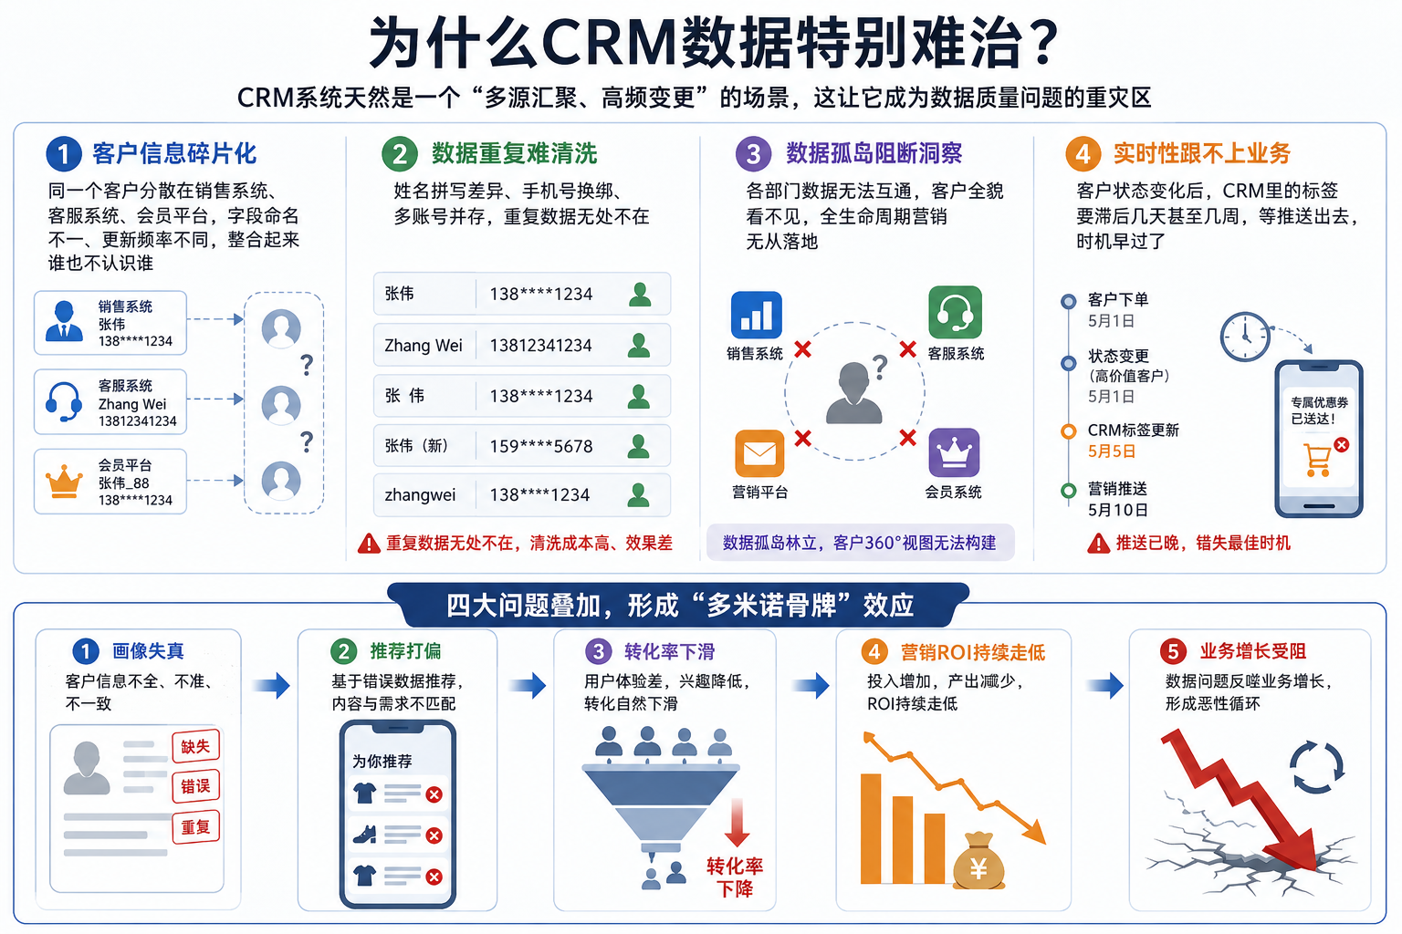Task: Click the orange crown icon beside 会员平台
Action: [64, 482]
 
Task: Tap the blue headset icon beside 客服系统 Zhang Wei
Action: [64, 401]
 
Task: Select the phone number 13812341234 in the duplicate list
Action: [540, 346]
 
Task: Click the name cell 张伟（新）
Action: [416, 445]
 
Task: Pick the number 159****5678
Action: [540, 446]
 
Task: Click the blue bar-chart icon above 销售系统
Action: [756, 315]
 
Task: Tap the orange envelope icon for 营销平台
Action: [759, 453]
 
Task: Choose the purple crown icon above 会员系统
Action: [954, 452]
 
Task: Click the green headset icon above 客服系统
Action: [955, 312]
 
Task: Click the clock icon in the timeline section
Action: [1245, 337]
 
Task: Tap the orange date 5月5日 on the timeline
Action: [1111, 451]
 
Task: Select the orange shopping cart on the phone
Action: [1317, 461]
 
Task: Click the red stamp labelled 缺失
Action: [195, 746]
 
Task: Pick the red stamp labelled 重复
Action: [195, 827]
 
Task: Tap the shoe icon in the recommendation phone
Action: [364, 835]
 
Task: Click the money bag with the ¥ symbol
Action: [978, 861]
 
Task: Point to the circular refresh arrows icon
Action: [1316, 767]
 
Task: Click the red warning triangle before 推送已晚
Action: [1098, 543]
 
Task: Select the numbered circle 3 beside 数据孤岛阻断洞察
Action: [754, 154]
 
